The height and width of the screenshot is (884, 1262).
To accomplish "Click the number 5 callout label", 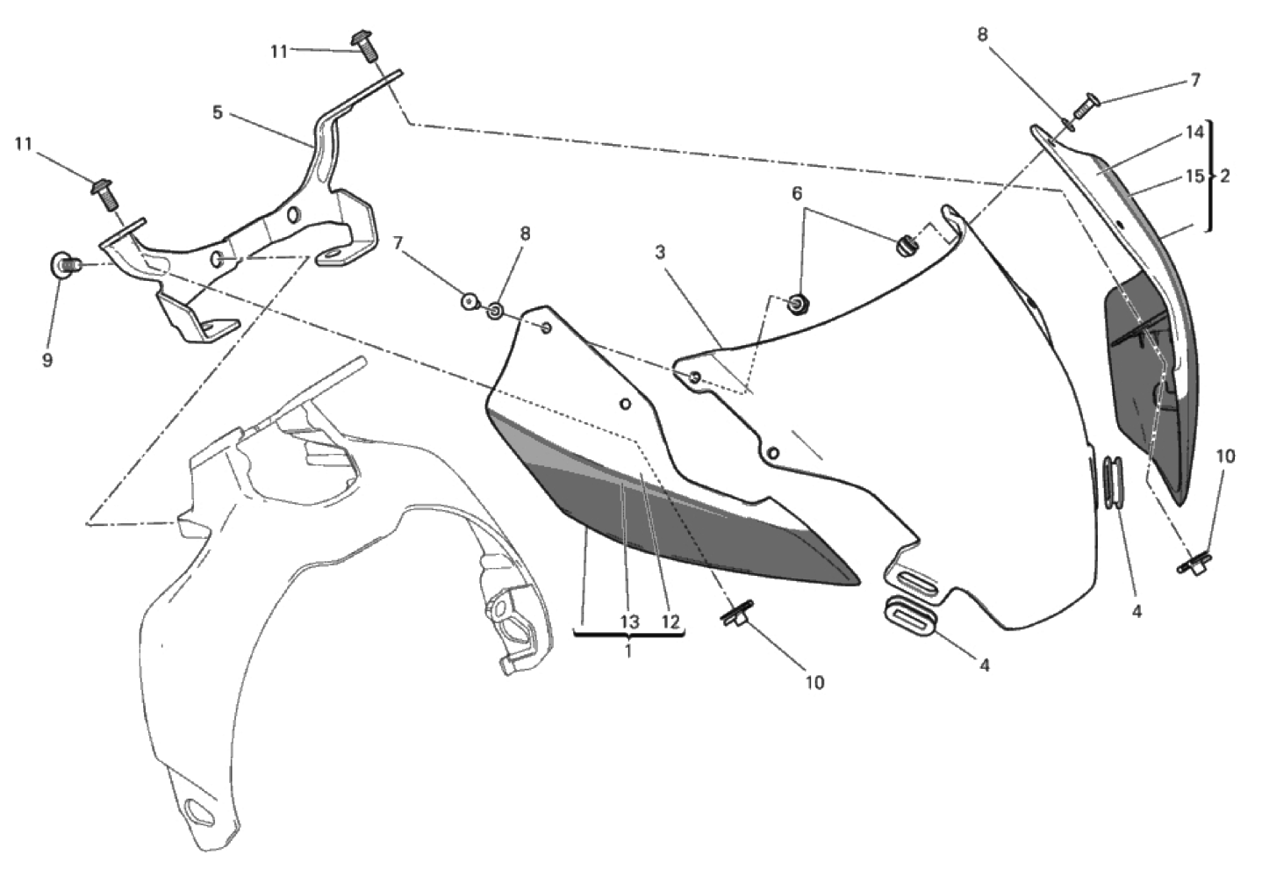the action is [218, 112].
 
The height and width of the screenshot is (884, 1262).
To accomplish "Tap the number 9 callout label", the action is [47, 360].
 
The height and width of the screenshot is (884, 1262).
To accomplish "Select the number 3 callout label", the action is [660, 253].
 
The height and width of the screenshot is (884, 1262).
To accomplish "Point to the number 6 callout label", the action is [797, 193].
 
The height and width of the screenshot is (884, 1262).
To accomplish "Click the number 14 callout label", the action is [1194, 133].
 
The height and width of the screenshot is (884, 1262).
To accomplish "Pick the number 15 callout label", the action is [1194, 176].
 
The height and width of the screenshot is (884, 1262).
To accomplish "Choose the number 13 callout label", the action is [630, 622].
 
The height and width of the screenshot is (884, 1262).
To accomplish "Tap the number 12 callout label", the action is [670, 622].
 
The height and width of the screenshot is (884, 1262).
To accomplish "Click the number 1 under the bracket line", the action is [628, 651].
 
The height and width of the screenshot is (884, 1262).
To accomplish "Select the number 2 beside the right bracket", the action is [1225, 176].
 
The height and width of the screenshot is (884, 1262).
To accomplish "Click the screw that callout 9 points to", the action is [67, 264].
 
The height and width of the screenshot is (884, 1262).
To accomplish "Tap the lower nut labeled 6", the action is [796, 305].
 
